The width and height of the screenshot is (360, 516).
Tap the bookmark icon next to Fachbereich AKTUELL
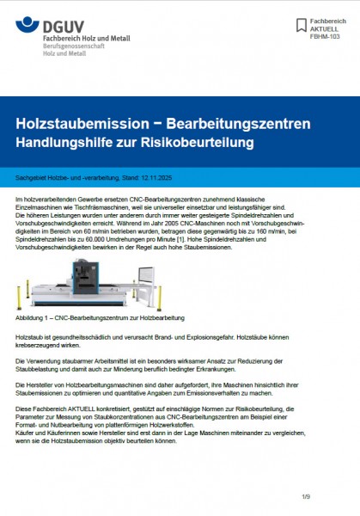click(x=300, y=25)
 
